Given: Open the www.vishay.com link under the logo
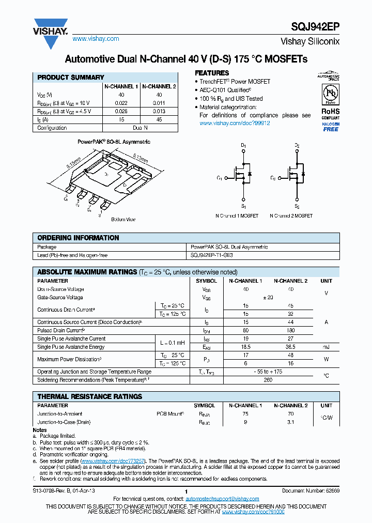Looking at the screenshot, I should pos(96,39).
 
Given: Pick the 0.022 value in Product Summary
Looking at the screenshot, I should pos(121,103).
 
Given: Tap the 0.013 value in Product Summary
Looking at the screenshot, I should pos(159,112).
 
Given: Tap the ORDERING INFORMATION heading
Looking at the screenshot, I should pos(78,238).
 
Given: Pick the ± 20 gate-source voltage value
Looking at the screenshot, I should pos(268,298).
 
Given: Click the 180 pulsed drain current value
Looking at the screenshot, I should pos(290,330).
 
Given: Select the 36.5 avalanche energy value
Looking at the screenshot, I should pos(290,347).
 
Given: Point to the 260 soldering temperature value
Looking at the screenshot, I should pos(268,380).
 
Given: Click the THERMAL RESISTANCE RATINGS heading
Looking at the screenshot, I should pos(89,397).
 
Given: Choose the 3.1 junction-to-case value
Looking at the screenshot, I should pos(290,422).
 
